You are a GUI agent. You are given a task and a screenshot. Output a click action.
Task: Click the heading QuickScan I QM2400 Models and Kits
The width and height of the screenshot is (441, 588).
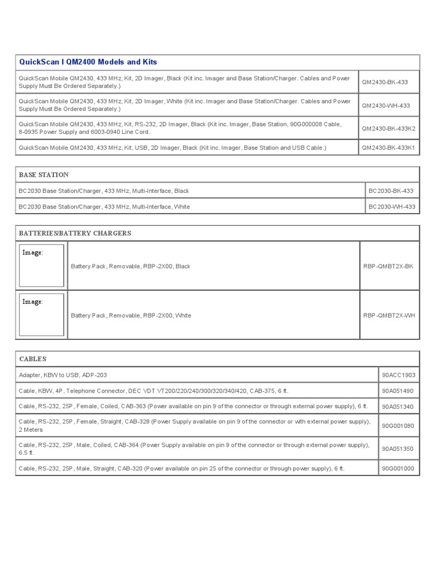[88, 62]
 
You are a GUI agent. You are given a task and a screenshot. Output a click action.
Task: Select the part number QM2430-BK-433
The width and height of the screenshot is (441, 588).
[385, 82]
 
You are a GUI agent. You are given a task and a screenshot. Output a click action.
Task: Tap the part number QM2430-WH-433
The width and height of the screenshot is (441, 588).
[386, 105]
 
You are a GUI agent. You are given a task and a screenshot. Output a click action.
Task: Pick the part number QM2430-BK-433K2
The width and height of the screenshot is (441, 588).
[389, 129]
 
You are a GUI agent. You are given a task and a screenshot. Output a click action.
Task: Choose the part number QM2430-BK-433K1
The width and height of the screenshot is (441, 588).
[389, 148]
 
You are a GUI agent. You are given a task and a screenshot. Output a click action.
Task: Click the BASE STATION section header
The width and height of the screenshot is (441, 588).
[44, 175]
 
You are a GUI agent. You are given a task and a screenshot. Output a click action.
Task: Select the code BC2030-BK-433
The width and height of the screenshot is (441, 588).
[390, 191]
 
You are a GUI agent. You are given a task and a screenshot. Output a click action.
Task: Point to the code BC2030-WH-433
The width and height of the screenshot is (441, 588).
[391, 207]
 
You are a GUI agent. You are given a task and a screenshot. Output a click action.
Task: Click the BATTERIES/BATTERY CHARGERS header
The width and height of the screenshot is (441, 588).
[75, 233]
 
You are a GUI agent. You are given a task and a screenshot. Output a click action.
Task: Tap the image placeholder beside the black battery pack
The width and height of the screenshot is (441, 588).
[41, 266]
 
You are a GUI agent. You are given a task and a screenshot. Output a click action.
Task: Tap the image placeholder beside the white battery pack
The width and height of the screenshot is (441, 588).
[41, 315]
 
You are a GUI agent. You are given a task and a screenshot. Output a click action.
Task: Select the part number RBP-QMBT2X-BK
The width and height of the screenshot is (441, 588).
[388, 266]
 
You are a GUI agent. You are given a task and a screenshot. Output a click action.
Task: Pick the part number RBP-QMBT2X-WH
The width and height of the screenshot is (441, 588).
[388, 315]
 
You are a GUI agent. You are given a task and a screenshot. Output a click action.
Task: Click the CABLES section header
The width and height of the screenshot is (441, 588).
[32, 359]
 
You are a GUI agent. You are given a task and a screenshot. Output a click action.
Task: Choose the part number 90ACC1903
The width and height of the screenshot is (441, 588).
[399, 375]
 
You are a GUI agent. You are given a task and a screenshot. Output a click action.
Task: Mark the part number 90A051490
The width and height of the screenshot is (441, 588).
[398, 390]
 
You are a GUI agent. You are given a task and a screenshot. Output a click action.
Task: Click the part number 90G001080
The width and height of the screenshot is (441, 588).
[398, 425]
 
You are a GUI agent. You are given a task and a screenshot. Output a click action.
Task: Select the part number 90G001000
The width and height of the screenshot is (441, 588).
[398, 469]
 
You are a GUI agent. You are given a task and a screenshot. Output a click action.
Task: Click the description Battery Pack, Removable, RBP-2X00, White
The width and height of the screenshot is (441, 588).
[131, 315]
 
